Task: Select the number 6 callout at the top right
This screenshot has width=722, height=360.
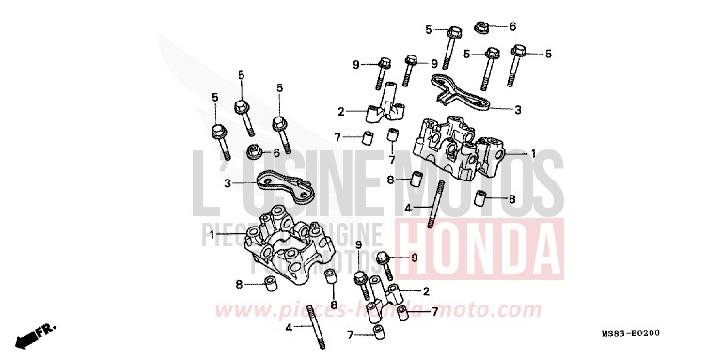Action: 513,26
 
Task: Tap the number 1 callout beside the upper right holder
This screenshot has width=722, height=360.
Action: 532,153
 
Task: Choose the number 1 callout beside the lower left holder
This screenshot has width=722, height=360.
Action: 212,233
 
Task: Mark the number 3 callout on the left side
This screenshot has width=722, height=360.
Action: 227,183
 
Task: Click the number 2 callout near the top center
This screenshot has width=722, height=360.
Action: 342,109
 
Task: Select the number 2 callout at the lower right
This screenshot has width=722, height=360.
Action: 427,290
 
